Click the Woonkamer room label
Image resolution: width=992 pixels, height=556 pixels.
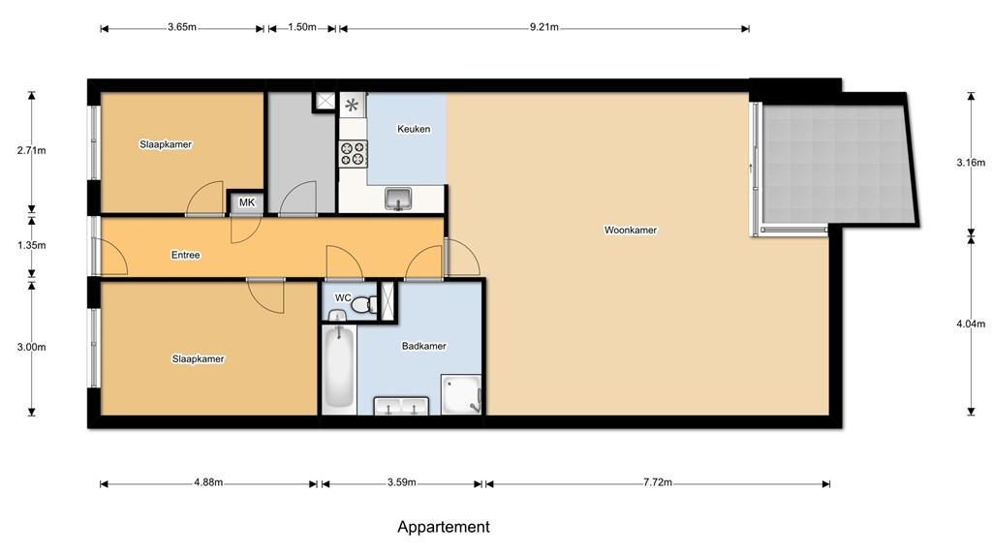(x=630, y=231)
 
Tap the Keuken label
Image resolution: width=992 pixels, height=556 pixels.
(x=414, y=129)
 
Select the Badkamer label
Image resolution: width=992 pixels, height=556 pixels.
(x=424, y=346)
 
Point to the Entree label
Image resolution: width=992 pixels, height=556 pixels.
(x=185, y=255)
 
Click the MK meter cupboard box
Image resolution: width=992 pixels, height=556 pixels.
(x=247, y=202)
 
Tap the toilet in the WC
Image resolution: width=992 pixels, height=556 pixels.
(x=362, y=305)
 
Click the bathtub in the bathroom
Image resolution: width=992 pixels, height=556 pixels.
(x=338, y=368)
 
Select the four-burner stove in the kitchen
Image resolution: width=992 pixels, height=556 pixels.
(x=354, y=154)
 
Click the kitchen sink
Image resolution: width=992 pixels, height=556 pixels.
(x=398, y=199)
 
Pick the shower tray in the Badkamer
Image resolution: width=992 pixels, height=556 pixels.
(x=461, y=394)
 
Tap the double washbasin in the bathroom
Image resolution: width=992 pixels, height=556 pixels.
(x=401, y=406)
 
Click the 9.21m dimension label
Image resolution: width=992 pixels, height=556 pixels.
(x=544, y=27)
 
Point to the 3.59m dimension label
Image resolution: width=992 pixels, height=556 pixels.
(x=402, y=482)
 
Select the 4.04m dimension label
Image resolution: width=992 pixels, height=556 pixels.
(x=971, y=324)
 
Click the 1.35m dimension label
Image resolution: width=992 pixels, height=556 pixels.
(x=32, y=245)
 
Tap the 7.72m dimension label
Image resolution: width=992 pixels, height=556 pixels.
(x=658, y=482)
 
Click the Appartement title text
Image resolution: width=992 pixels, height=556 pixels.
(x=444, y=527)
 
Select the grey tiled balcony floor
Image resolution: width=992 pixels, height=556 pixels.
(x=836, y=165)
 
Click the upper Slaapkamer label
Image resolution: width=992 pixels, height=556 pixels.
(x=166, y=144)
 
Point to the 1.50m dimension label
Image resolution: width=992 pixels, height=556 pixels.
(x=302, y=27)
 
